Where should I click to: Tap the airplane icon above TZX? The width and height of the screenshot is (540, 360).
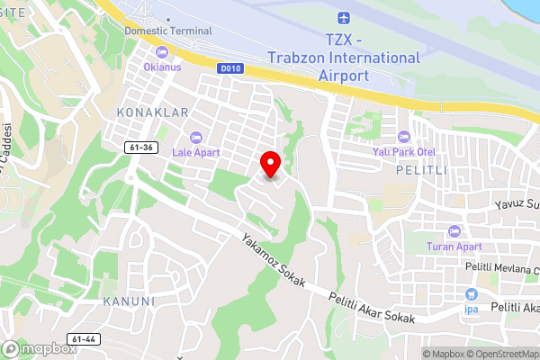tap(343, 19)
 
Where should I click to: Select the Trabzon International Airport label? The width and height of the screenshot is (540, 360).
tap(344, 58)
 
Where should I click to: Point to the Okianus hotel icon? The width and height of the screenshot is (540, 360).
tap(162, 51)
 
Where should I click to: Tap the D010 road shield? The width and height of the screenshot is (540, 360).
tap(229, 67)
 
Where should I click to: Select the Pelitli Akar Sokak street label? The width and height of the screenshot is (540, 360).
tap(372, 308)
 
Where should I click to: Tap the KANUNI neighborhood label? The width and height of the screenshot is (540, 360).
tap(129, 301)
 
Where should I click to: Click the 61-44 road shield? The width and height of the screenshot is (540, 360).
tap(84, 339)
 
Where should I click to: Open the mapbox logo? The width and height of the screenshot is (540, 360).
tap(40, 348)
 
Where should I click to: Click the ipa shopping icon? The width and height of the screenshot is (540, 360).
tap(471, 294)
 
